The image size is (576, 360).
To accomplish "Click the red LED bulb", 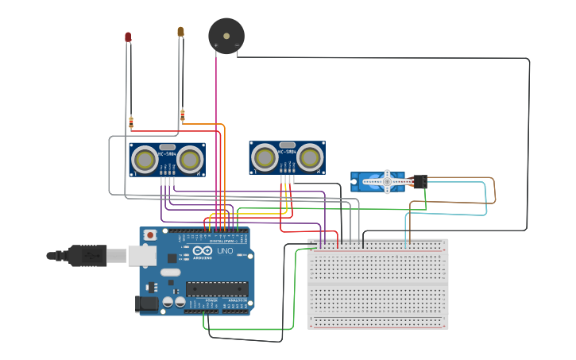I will coord(128,37).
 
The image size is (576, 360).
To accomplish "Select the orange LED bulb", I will coord(180,32).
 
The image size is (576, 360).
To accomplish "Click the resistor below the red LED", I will coord(131,122).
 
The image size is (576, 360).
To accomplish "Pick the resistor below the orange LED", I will coord(183,116).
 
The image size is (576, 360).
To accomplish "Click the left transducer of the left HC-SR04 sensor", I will coord(145,160).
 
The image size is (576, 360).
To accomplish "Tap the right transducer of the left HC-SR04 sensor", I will coord(190,160).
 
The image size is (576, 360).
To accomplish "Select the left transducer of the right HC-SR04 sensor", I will coord(265,158).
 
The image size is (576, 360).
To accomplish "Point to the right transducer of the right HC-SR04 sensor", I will coord(309,158).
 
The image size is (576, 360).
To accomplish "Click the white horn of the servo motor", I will coord(387,181).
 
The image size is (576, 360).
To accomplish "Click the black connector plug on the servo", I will coord(419,182).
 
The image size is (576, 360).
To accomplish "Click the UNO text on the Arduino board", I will coord(225,251).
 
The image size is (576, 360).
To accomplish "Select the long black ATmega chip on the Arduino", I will coord(216,288).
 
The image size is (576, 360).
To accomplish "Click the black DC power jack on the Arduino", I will coord(146,303).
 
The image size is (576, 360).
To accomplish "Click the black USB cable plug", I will coord(87,255).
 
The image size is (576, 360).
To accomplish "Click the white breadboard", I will coord(377,284).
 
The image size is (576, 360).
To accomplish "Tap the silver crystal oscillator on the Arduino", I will coord(171,273).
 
